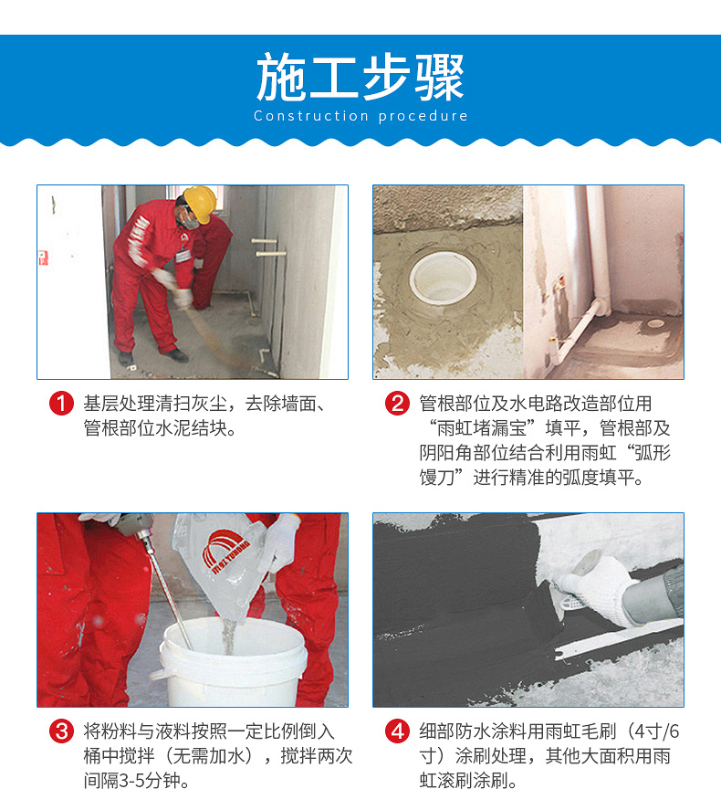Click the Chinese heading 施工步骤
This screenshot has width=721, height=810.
coord(360,78)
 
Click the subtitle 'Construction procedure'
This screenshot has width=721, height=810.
coord(360,116)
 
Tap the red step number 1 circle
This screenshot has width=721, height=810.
coord(61,403)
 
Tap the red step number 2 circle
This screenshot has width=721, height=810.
coord(397,403)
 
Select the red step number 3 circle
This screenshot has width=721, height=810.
coord(61,731)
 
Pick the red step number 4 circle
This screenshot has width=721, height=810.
coord(397,731)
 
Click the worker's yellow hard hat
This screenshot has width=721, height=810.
coord(200,203)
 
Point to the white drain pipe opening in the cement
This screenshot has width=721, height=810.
coord(443,279)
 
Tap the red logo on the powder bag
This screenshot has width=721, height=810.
coord(223,552)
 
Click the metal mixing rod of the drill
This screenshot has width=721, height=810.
coord(166,589)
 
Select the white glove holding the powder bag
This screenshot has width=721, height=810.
coord(279,542)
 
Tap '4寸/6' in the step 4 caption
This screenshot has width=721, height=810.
coord(657,731)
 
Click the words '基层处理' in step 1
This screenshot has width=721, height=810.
coord(120,403)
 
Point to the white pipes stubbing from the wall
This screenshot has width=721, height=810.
coord(268,247)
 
